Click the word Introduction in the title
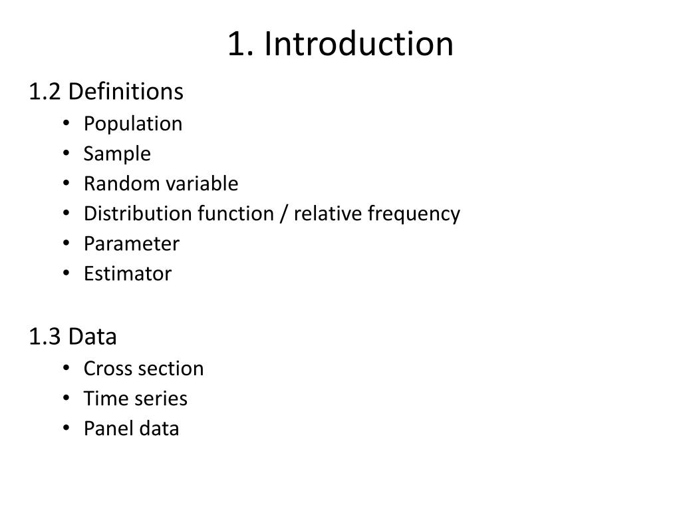click(x=358, y=43)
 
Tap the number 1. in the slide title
click(x=240, y=44)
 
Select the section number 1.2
click(x=45, y=92)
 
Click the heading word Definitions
click(x=126, y=92)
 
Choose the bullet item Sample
click(x=117, y=154)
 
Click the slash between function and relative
click(x=284, y=214)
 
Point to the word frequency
click(x=414, y=214)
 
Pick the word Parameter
click(x=132, y=244)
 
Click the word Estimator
click(x=128, y=273)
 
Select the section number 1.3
click(x=45, y=337)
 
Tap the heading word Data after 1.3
click(x=92, y=337)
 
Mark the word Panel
click(x=107, y=428)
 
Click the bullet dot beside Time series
click(x=66, y=398)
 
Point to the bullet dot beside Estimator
click(x=66, y=273)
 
